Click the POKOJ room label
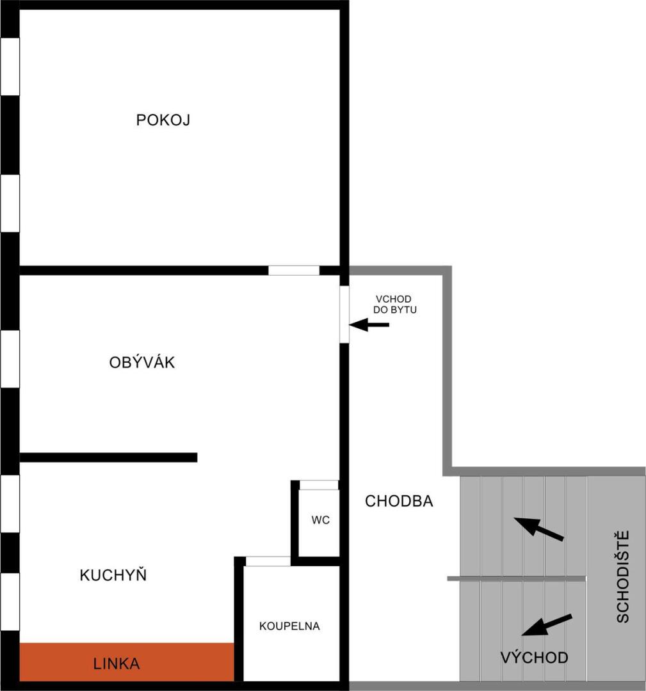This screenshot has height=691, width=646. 163,120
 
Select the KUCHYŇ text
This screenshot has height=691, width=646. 113,575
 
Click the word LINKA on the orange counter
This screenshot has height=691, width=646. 117,663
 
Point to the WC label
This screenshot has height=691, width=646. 321,520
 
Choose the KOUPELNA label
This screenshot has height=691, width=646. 289,626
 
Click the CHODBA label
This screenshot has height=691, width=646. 399,501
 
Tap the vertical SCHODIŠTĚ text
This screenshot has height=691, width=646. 622,576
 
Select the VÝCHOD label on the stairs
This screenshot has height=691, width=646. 535,657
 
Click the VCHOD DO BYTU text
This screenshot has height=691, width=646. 394,304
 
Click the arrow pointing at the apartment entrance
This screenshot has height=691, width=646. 369,325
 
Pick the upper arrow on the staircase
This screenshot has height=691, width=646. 538,528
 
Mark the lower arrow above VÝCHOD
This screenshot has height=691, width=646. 547,625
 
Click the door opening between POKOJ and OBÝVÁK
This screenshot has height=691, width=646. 294,270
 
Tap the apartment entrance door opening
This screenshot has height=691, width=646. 344,314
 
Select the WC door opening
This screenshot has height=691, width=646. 319,485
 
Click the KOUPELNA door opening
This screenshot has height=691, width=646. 268,561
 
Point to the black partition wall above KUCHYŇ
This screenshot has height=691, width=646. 108,457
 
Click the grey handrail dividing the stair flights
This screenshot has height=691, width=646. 517,578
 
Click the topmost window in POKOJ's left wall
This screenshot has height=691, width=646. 10,66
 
